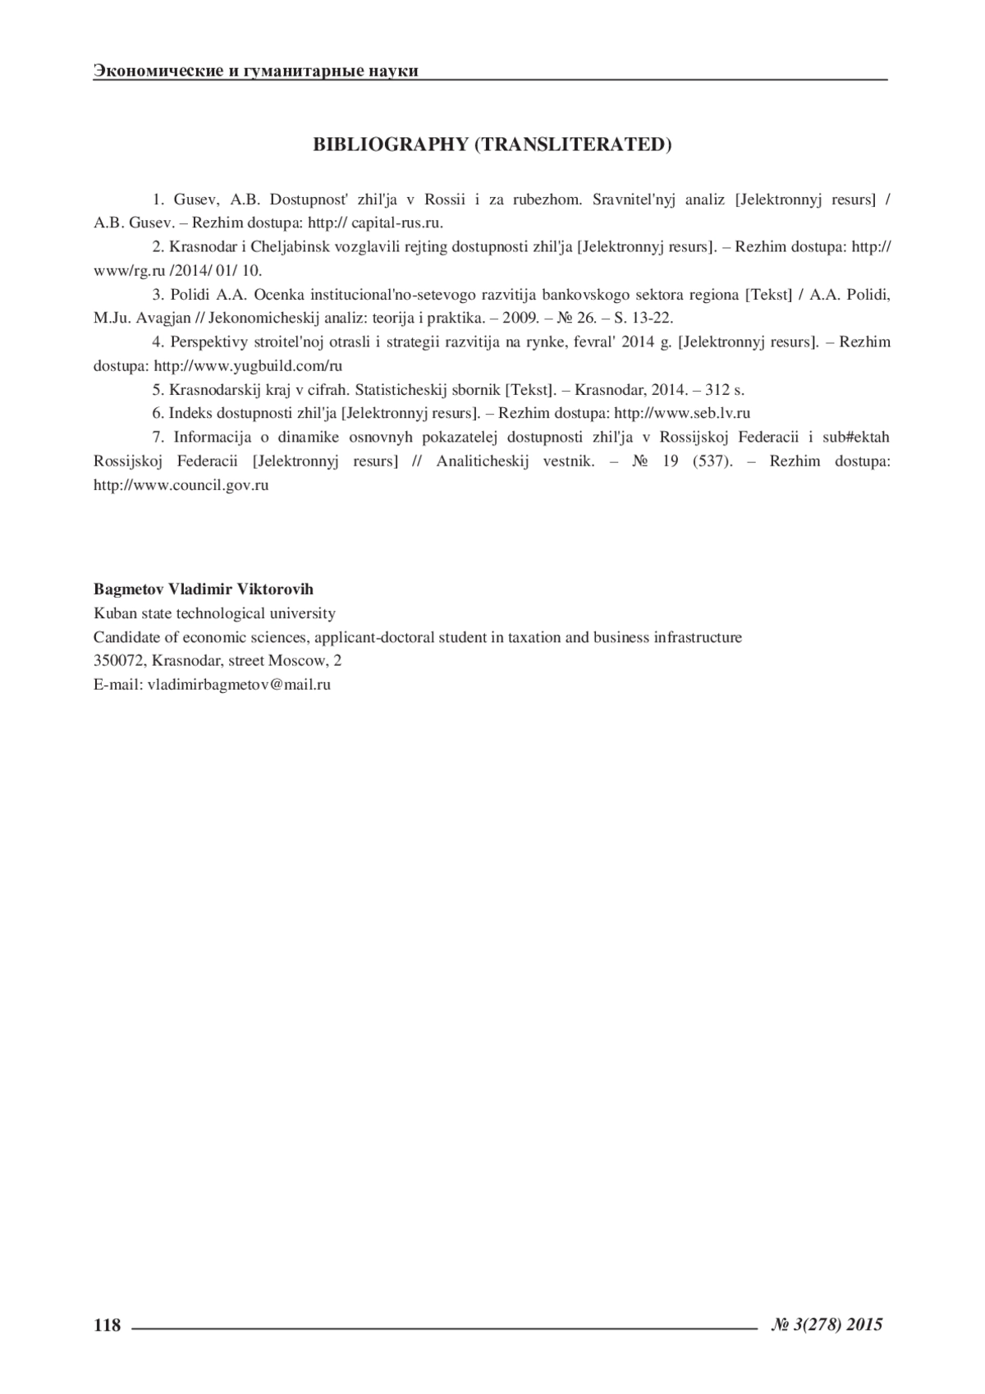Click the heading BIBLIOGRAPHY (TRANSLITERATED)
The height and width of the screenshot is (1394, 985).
tap(492, 144)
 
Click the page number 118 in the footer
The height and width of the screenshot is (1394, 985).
tap(108, 1325)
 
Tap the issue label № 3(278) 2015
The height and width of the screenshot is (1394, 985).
tap(827, 1323)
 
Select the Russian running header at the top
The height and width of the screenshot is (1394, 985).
tap(256, 71)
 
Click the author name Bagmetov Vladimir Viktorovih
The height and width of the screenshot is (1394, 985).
tap(204, 589)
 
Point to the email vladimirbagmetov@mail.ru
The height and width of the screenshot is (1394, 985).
tap(239, 684)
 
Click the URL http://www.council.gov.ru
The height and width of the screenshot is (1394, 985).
tap(181, 485)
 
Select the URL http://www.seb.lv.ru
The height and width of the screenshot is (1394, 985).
tap(682, 413)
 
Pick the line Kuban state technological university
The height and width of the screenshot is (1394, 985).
tap(214, 613)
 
